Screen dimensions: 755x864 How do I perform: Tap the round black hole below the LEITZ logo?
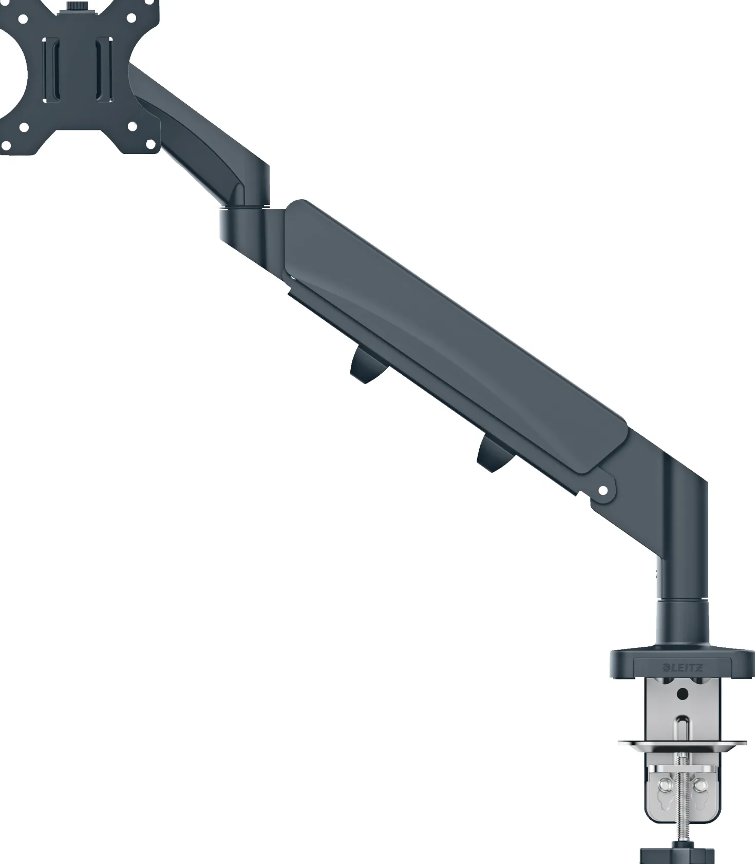tap(682, 695)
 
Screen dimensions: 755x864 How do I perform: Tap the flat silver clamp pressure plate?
tap(682, 743)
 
